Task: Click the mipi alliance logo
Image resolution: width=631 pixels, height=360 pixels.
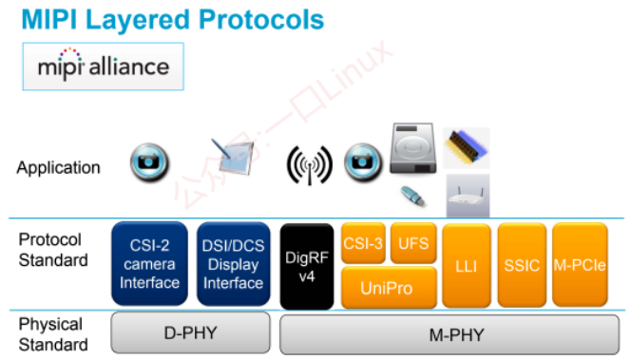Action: [104, 66]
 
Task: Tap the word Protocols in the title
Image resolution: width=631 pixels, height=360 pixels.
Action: [261, 20]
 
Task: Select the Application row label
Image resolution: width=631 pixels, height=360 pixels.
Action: [58, 167]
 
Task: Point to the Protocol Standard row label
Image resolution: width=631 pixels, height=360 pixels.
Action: [53, 250]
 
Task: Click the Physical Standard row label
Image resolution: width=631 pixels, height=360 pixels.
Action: [53, 334]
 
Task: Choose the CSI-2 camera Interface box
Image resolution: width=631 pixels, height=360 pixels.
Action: [150, 263]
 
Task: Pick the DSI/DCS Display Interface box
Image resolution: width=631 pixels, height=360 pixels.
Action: [234, 263]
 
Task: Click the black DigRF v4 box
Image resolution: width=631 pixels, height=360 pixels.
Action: [307, 266]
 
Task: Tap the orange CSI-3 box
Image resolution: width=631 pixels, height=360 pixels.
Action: [363, 243]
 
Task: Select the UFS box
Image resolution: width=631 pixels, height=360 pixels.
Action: [413, 243]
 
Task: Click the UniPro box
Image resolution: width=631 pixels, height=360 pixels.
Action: [389, 288]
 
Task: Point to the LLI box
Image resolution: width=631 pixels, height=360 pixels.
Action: [467, 265]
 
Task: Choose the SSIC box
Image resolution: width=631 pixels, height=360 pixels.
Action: [522, 265]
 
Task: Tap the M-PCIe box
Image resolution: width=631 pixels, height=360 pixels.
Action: [580, 265]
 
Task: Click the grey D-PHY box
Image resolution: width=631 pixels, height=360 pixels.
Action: [191, 333]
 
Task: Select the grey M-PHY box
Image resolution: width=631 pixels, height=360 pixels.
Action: [449, 334]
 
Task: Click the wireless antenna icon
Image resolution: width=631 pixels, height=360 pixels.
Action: [310, 165]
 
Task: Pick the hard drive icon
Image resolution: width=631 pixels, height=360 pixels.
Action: [412, 148]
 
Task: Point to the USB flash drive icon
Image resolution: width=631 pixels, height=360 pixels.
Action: [413, 196]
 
